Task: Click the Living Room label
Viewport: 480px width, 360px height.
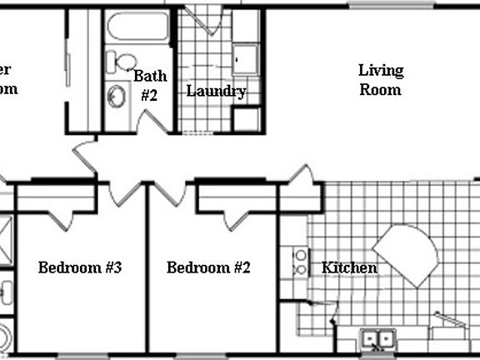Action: pyautogui.click(x=381, y=80)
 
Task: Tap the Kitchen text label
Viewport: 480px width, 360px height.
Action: pyautogui.click(x=349, y=268)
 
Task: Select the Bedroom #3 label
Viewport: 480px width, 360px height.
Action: pyautogui.click(x=81, y=268)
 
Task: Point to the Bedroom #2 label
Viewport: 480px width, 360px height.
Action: pyautogui.click(x=209, y=268)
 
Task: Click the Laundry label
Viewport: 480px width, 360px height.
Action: pyautogui.click(x=216, y=92)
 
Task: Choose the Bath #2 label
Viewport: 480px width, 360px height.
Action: pyautogui.click(x=150, y=85)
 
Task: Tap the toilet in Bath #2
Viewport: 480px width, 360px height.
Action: pyautogui.click(x=125, y=61)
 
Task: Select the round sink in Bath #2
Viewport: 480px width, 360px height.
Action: pyautogui.click(x=116, y=97)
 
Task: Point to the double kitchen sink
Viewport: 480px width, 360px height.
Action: pyautogui.click(x=377, y=339)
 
